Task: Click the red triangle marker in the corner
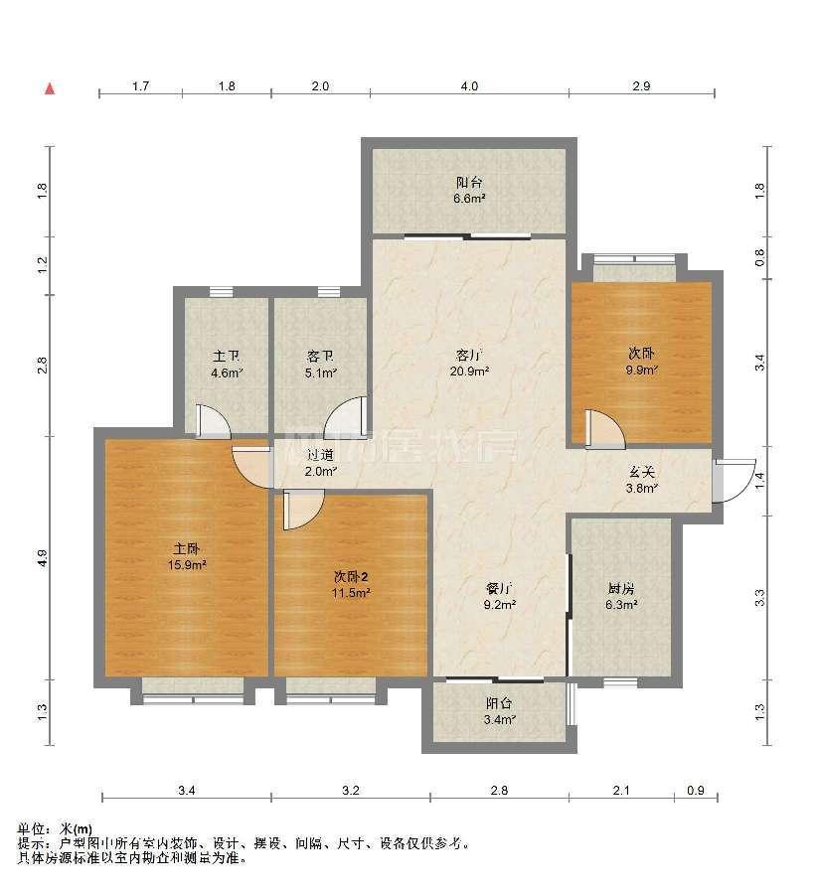[48, 88]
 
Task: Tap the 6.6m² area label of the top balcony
[470, 199]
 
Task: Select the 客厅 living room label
[469, 354]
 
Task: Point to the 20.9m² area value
[469, 372]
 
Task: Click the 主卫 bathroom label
[226, 356]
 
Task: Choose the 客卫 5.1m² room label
[321, 366]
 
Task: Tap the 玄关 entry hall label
[642, 471]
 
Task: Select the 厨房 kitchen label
[622, 586]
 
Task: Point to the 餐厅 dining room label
[497, 586]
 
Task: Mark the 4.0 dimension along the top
[469, 87]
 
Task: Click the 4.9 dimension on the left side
[43, 558]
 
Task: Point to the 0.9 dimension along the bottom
[697, 791]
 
